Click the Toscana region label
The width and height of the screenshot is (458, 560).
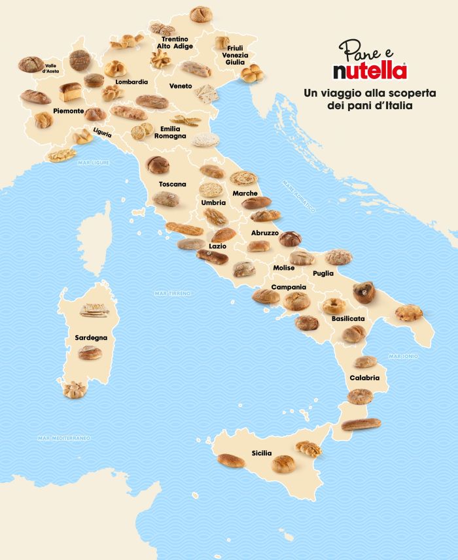172,184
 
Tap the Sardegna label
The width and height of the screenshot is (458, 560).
91,338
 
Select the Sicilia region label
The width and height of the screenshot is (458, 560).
262,452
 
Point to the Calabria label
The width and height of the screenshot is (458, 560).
364,377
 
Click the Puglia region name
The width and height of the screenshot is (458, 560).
323,273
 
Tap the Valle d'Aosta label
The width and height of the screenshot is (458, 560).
54,68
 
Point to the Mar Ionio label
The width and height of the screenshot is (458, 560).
403,356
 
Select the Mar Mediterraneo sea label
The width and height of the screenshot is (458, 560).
64,437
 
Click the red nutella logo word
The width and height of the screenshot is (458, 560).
370,69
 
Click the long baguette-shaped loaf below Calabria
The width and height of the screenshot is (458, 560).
361,424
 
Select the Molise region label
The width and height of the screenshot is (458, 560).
284,268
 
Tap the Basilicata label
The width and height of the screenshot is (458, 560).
348,318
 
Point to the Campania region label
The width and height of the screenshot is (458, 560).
289,287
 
